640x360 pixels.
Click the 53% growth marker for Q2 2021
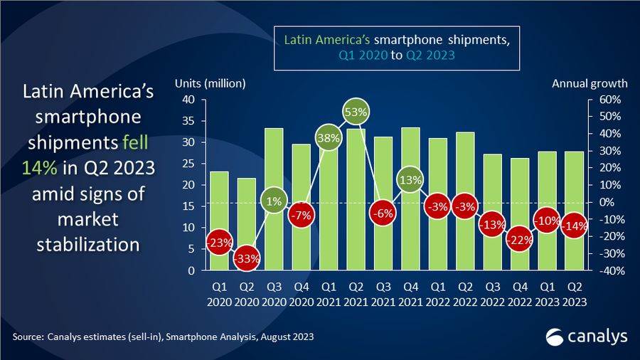pos(357,112)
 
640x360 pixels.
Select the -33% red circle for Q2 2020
pos(247,258)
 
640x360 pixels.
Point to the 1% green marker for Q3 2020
pos(274,201)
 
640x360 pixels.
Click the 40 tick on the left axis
pos(188,100)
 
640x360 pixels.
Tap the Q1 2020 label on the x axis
pos(219,295)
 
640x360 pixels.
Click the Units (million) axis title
pos(210,83)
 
